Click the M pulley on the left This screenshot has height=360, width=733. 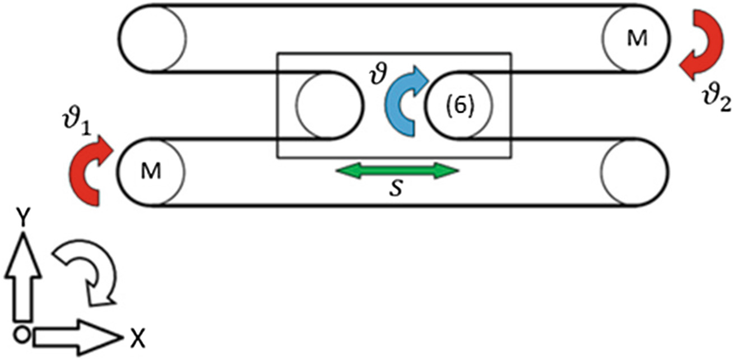click(x=152, y=172)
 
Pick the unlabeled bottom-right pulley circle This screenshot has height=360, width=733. click(x=634, y=172)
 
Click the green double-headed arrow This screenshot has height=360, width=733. click(x=397, y=170)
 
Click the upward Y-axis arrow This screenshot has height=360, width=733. click(x=22, y=278)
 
